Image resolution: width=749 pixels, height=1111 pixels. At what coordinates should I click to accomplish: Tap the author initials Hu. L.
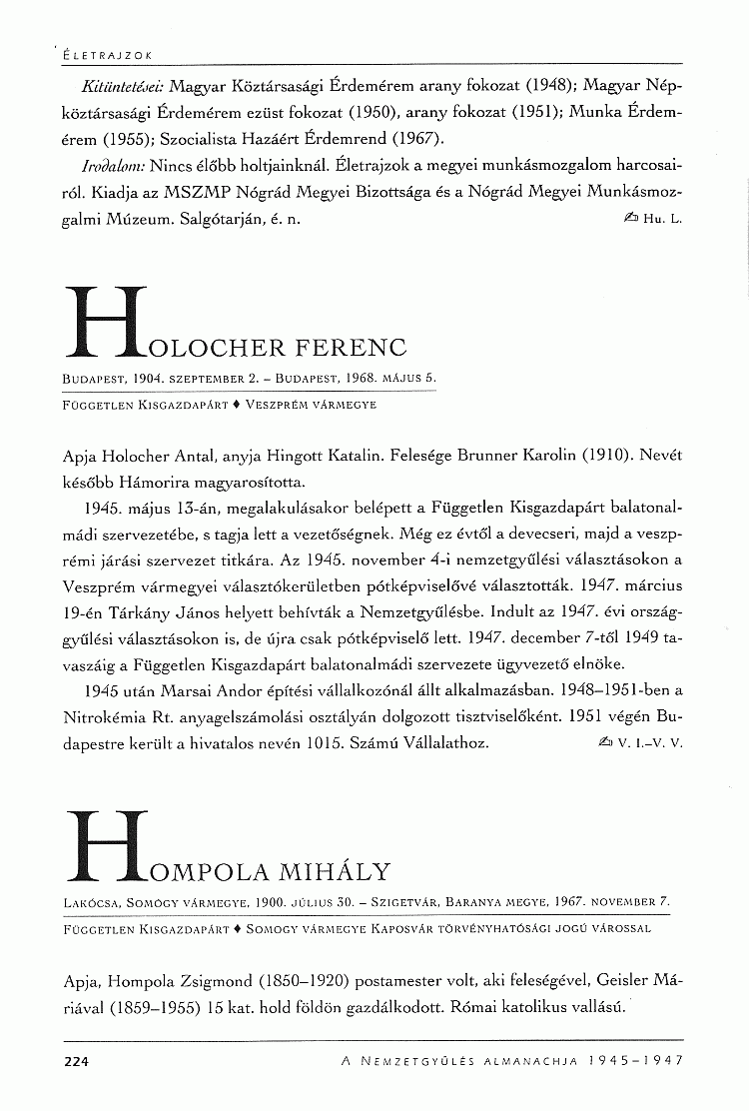663,219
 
